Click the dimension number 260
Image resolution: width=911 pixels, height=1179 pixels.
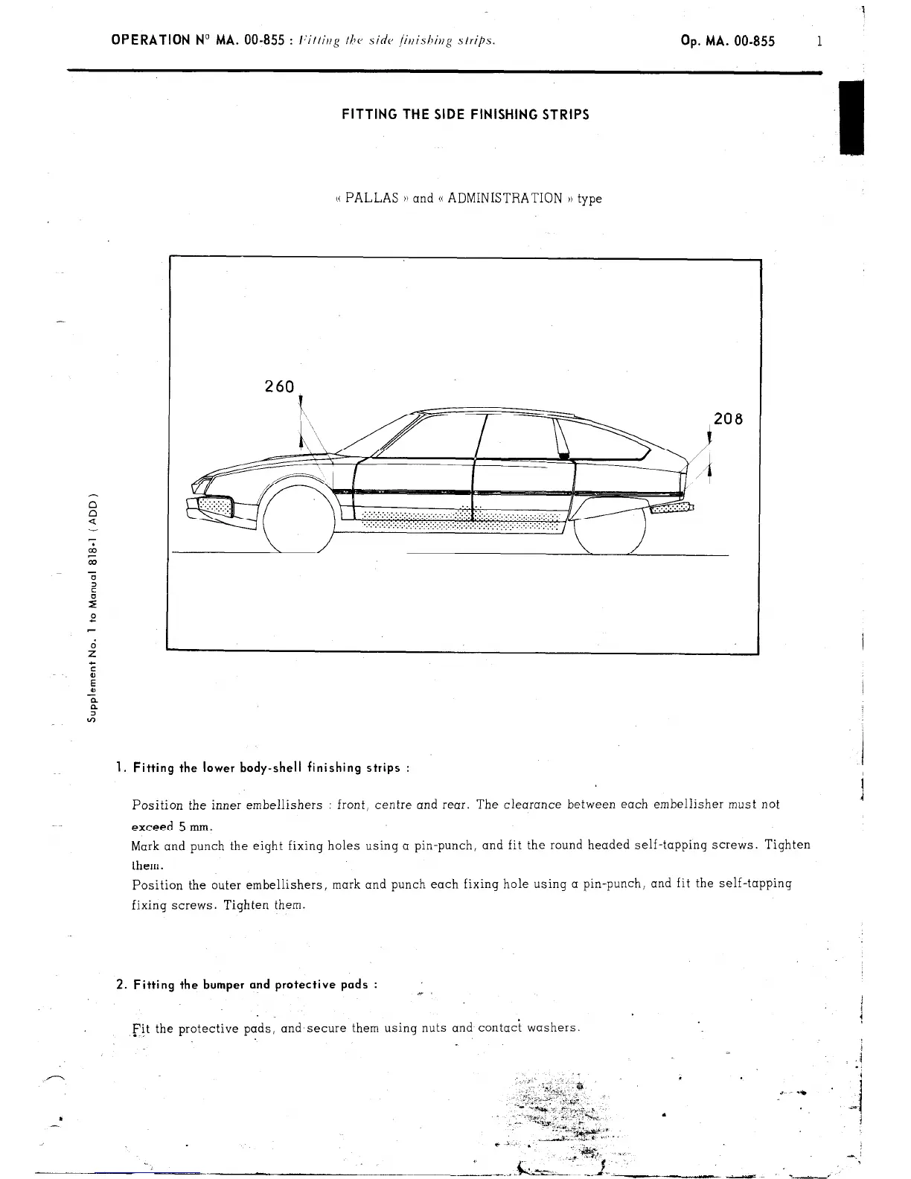pyautogui.click(x=280, y=387)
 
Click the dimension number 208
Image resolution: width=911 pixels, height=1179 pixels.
pyautogui.click(x=728, y=419)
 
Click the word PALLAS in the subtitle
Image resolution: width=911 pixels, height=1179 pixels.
pyautogui.click(x=372, y=199)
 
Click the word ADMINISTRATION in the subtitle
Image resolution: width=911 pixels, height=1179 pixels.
pyautogui.click(x=505, y=199)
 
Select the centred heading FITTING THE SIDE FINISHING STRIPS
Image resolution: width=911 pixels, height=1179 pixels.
pyautogui.click(x=465, y=115)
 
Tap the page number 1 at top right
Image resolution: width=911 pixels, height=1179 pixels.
pyautogui.click(x=819, y=42)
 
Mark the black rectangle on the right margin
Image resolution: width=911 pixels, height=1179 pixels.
pyautogui.click(x=850, y=117)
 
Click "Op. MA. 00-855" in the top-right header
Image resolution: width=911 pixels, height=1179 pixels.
pyautogui.click(x=727, y=42)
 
